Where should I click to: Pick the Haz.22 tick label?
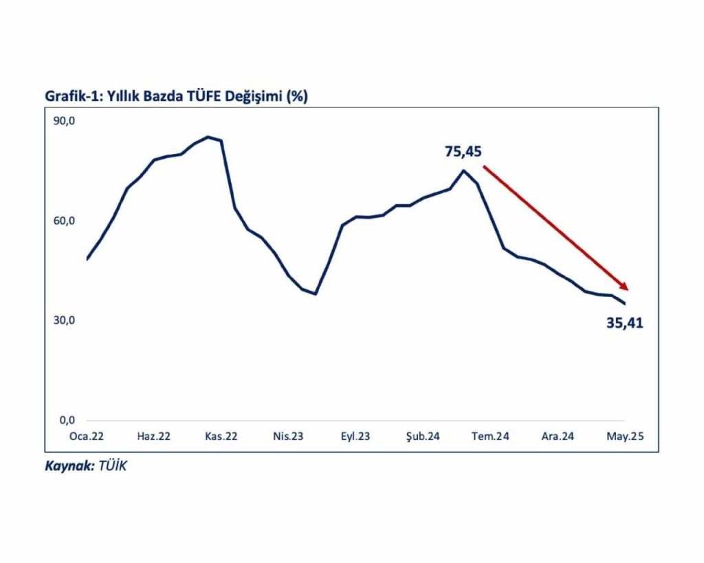(154, 436)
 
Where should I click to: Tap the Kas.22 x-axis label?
(221, 436)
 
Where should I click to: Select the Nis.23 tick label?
(288, 436)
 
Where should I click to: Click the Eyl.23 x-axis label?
(355, 436)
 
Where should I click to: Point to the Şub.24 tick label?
(423, 436)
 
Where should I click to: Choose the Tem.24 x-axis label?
(490, 436)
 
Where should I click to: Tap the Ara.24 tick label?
(558, 436)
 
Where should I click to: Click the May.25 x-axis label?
(624, 436)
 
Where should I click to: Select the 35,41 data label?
(624, 323)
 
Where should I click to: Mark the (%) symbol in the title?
(297, 97)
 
